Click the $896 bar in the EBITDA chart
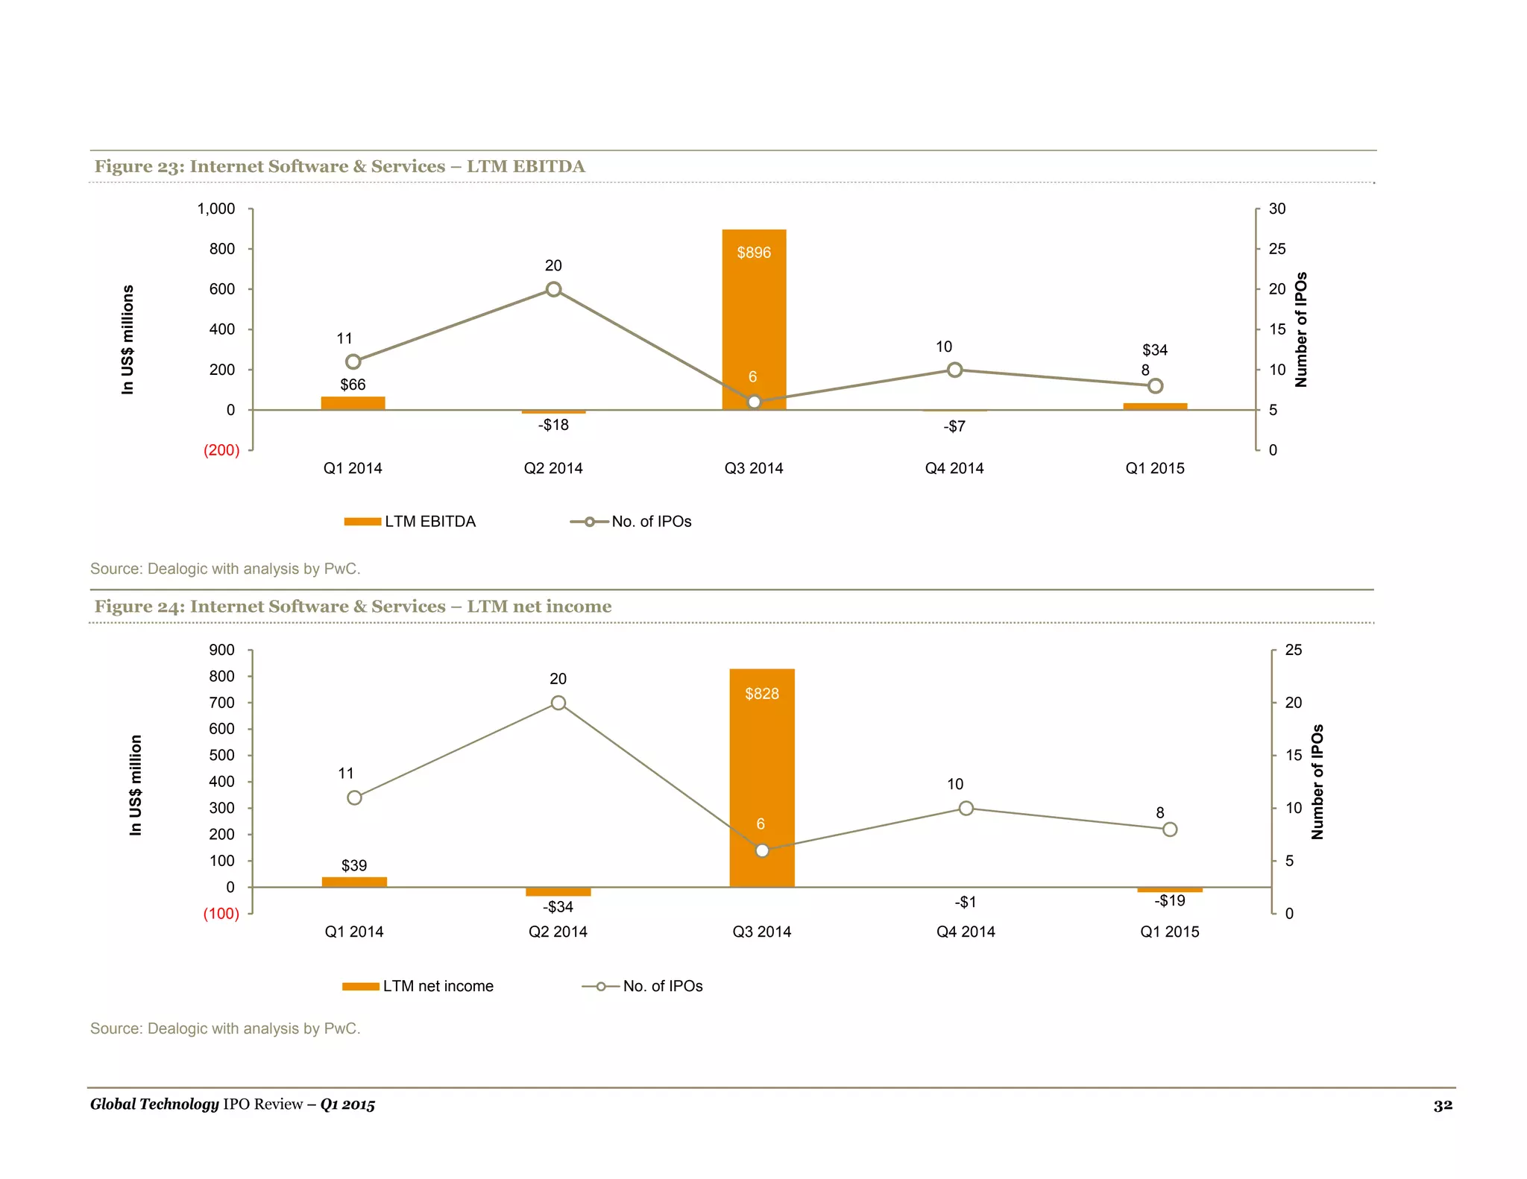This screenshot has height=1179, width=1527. (754, 320)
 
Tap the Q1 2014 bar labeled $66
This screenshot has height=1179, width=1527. (353, 403)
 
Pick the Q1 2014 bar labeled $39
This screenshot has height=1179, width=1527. (354, 882)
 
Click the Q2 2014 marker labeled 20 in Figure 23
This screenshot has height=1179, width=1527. (553, 289)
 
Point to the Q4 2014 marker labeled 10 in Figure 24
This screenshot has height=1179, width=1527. (966, 808)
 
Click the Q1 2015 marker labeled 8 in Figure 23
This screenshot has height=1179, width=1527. (1155, 386)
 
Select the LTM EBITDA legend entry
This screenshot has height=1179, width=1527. (409, 522)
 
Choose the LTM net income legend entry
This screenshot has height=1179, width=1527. (418, 986)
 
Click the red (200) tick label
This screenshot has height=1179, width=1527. (221, 450)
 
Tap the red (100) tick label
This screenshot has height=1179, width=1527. (221, 914)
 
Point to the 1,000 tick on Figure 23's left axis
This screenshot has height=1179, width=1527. (216, 209)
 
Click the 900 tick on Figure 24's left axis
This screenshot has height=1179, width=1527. (221, 650)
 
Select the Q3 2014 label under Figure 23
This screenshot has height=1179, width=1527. (754, 468)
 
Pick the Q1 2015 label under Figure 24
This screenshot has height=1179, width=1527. (1169, 932)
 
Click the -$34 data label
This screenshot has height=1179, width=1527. (558, 907)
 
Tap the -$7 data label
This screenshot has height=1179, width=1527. (954, 426)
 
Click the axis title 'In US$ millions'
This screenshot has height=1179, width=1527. (128, 340)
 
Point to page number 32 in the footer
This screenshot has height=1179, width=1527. (1442, 1105)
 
